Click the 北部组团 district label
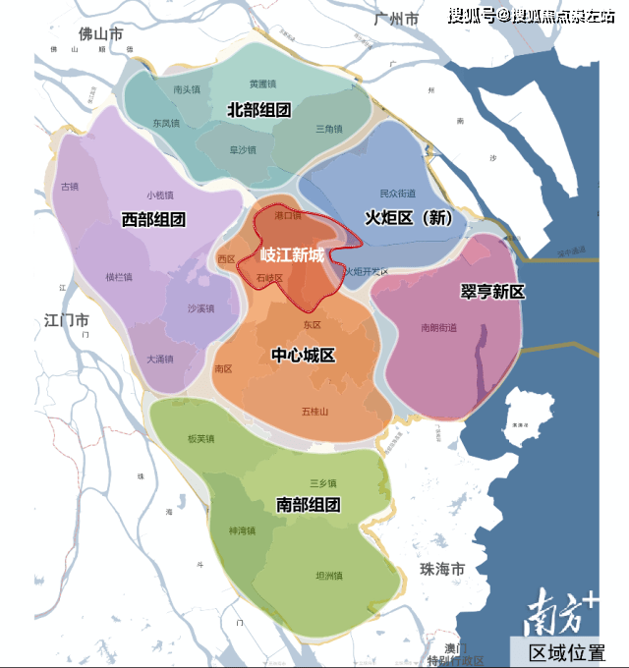[x=258, y=110]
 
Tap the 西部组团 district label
[x=153, y=220]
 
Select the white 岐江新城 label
[x=291, y=255]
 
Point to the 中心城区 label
[x=303, y=356]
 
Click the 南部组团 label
[x=308, y=505]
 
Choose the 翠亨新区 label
[x=492, y=292]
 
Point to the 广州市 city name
[x=396, y=20]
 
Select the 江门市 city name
[x=67, y=320]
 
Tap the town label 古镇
[x=69, y=186]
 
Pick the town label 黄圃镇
[x=262, y=84]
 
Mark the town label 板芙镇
[x=200, y=439]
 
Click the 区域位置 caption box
[x=567, y=652]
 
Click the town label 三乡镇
[x=322, y=483]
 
